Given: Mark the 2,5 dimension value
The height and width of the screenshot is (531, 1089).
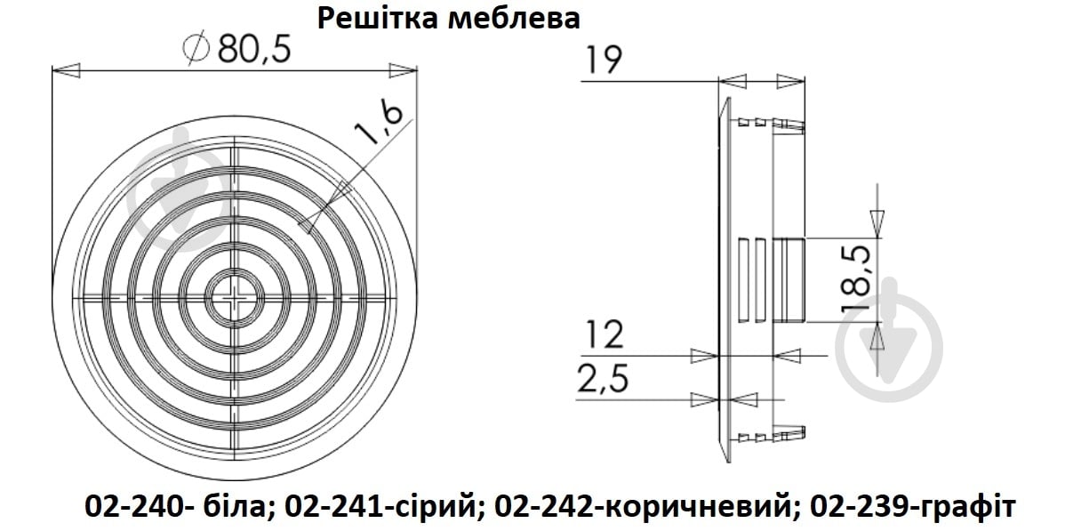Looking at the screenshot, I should click(x=604, y=380).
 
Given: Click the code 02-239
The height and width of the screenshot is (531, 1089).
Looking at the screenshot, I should click(x=856, y=506).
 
